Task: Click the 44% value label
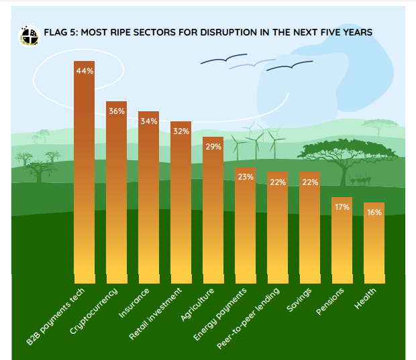point(85,71)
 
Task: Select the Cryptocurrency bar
point(117,194)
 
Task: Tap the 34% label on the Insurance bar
point(149,121)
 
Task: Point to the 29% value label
point(213,147)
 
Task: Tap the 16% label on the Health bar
point(374,213)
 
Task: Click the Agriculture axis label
point(200,303)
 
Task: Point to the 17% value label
point(342,207)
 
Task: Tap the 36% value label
point(117,111)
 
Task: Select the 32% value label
point(181,131)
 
